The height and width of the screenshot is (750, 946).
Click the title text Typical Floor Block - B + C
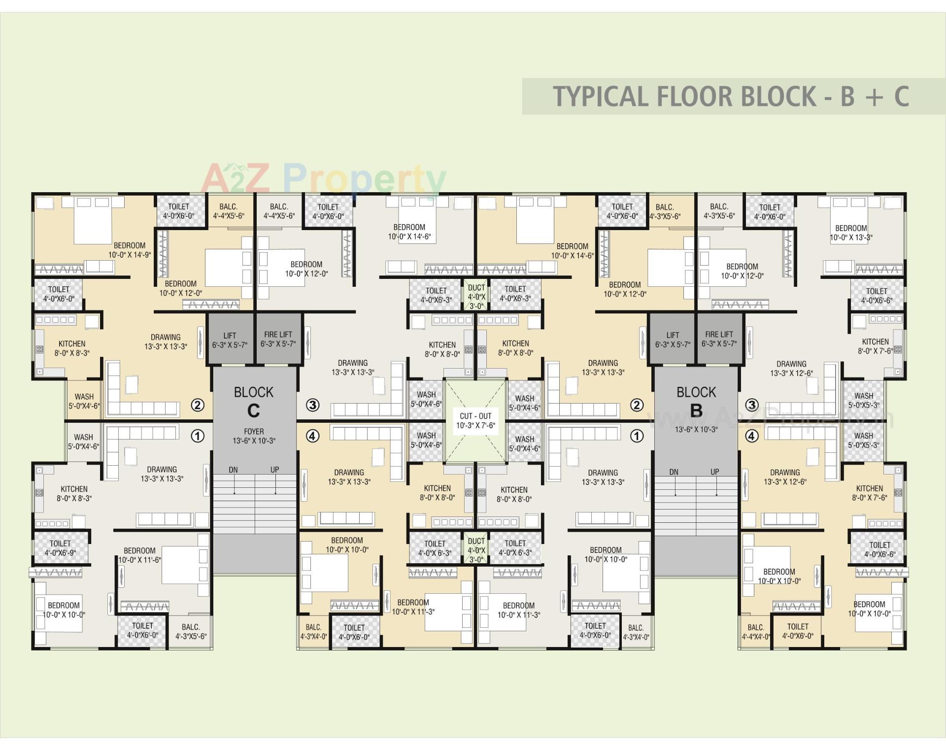click(731, 97)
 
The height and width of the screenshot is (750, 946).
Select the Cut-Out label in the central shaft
click(475, 420)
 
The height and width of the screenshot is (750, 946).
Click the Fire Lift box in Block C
click(278, 339)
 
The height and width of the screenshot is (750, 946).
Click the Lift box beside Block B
click(673, 340)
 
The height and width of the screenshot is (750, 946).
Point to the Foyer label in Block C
click(254, 436)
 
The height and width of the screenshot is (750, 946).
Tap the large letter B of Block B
click(696, 410)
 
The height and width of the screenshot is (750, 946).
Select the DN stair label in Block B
click(674, 472)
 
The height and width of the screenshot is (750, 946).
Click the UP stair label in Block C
click(274, 470)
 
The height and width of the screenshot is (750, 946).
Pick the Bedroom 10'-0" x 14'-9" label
click(130, 250)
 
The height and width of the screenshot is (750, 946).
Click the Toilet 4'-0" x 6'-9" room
click(60, 547)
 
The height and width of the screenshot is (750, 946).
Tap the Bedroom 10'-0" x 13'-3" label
click(851, 233)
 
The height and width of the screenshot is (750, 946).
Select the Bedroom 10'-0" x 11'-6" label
click(139, 555)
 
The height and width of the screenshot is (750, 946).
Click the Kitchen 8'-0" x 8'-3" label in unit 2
click(72, 348)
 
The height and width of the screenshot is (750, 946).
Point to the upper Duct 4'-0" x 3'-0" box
click(476, 296)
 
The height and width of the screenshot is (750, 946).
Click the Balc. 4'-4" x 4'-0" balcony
click(755, 632)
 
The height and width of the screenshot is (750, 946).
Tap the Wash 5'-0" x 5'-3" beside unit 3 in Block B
click(864, 400)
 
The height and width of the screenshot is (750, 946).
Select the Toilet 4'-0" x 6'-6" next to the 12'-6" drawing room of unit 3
click(877, 296)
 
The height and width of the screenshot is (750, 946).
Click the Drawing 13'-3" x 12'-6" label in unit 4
click(785, 477)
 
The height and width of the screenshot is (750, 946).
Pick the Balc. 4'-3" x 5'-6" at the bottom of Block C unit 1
click(191, 631)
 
